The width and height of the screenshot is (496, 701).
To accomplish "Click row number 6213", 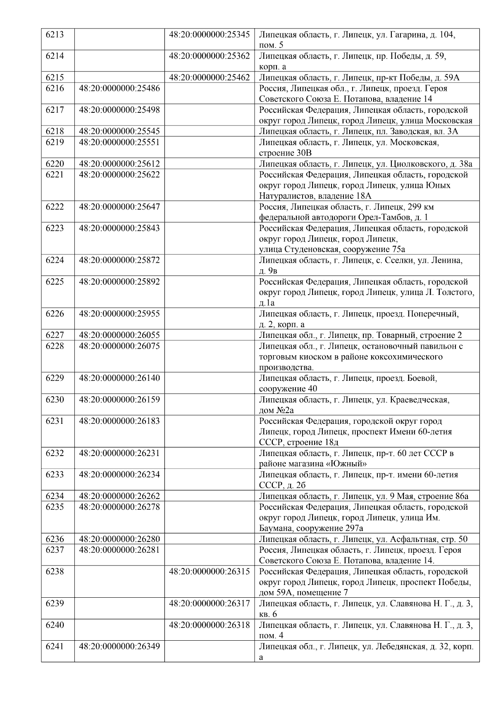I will click(x=55, y=34).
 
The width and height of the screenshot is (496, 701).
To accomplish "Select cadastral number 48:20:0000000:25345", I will click(x=209, y=34).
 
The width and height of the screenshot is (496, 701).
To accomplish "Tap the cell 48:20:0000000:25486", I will click(x=119, y=88).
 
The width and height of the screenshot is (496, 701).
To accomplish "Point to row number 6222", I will click(x=55, y=207).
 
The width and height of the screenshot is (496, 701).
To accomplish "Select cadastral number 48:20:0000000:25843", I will click(x=119, y=228).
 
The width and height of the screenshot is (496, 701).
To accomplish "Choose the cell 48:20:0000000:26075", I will click(x=119, y=346).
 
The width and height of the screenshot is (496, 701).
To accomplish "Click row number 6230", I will click(x=55, y=400).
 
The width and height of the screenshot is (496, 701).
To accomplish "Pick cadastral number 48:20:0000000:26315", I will click(x=209, y=571).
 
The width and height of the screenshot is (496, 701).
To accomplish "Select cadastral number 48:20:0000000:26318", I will click(x=209, y=625).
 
